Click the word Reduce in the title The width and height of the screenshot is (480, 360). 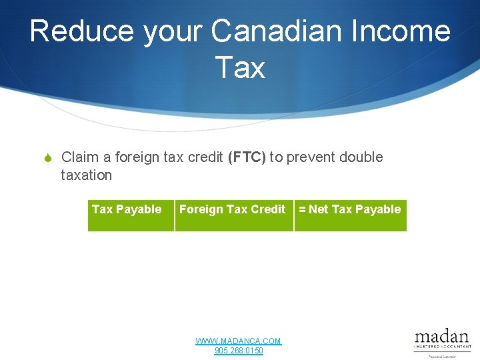[x=73, y=31]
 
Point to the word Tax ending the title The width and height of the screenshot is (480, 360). [x=240, y=67]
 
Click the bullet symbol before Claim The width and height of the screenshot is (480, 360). [x=47, y=158]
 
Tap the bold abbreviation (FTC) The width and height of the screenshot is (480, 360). [x=247, y=157]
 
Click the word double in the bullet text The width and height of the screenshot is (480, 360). [x=361, y=157]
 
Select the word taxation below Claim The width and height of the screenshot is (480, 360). [x=86, y=175]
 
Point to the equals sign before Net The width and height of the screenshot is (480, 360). [x=302, y=210]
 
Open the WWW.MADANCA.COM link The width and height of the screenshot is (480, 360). [x=238, y=341]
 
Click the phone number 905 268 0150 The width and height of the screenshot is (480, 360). [x=239, y=351]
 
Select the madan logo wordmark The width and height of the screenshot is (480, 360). [x=441, y=336]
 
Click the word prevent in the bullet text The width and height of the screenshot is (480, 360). [x=311, y=157]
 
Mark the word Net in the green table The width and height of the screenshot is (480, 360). [x=319, y=209]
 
